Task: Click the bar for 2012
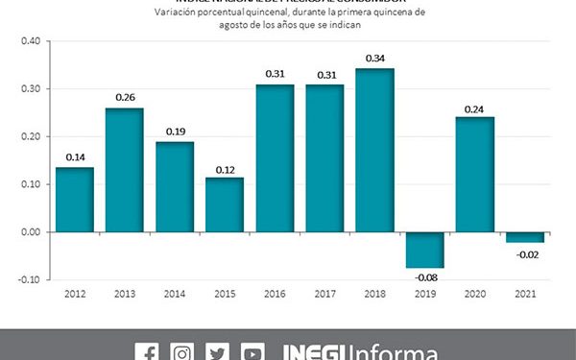pos(74,200)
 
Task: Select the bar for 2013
pos(124,170)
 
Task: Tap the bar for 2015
pos(224,204)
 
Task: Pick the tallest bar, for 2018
pos(373,151)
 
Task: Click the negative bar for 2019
pos(423,250)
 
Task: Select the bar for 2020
pos(473,175)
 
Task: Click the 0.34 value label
pos(373,59)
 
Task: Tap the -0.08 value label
pos(423,278)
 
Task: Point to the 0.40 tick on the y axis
pos(30,41)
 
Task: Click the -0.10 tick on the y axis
pos(29,279)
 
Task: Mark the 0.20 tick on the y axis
pos(30,136)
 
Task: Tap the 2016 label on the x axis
pos(274,295)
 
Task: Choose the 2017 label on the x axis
pos(324,295)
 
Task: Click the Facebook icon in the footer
pos(147,350)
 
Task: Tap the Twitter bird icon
pos(217,350)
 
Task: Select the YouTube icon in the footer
pos(252,350)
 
